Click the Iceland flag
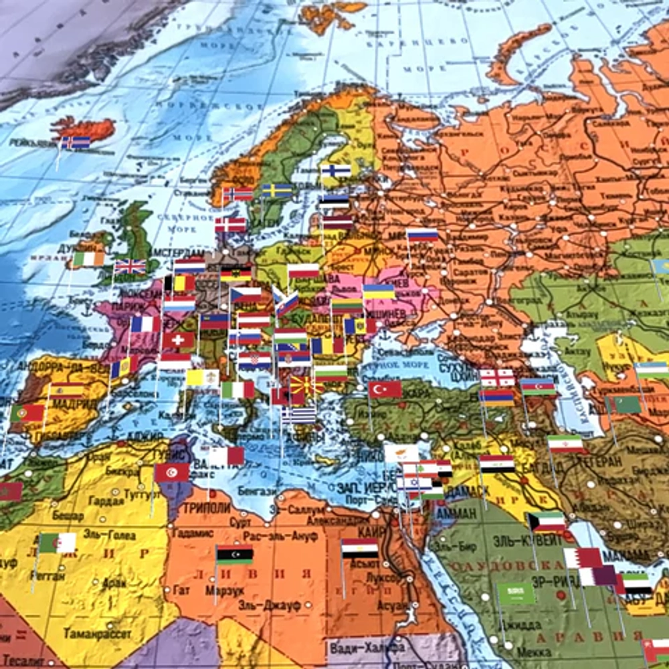coord(76,142)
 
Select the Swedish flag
coord(277,191)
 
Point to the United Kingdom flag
coord(130,267)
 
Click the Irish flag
coord(88,259)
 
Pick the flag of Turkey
coord(385,389)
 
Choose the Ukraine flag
coord(379,292)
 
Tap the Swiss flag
coord(178,340)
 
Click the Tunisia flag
coord(172,472)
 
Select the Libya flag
coord(234,555)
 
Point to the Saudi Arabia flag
coord(516,593)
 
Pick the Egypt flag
coord(359,549)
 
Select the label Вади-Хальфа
coord(367,647)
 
